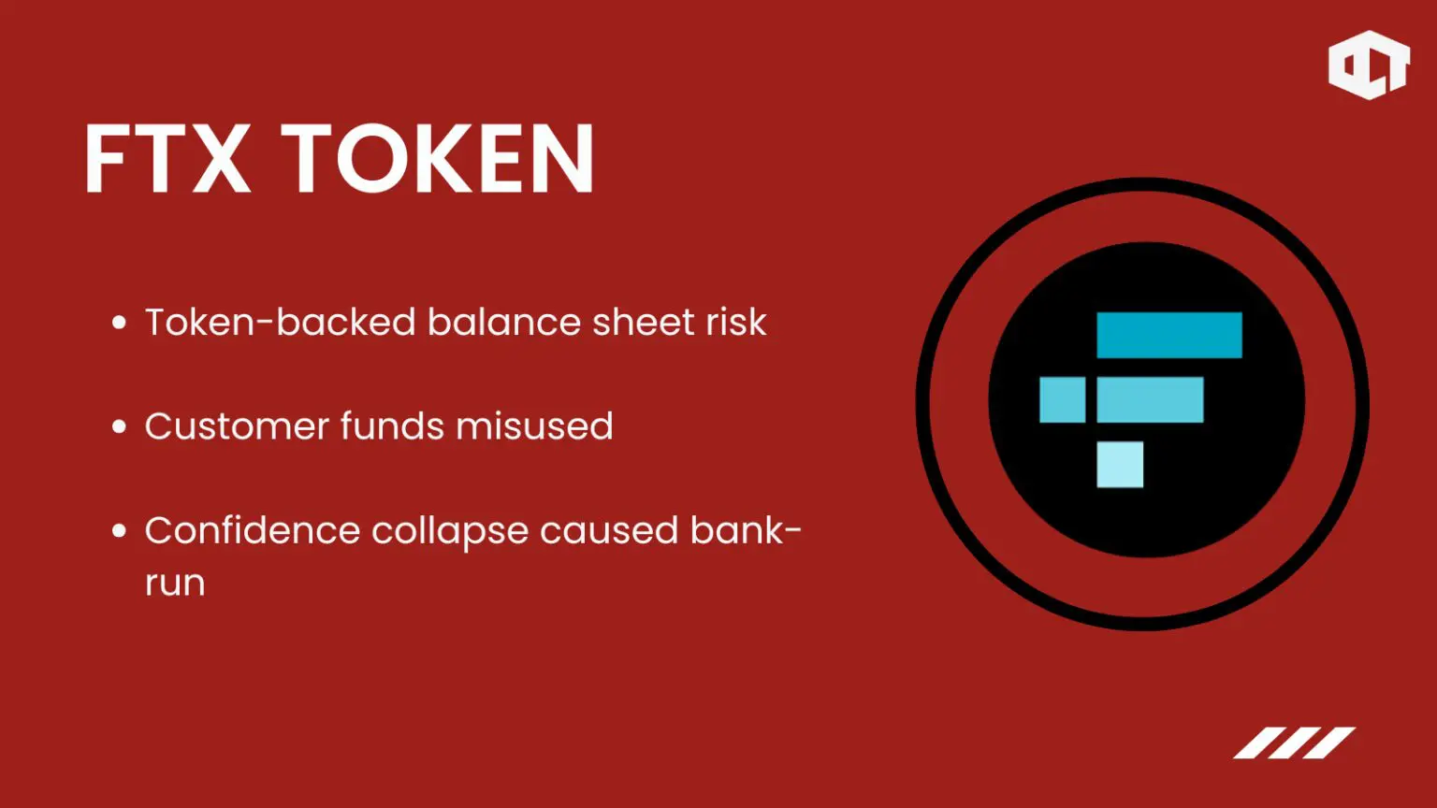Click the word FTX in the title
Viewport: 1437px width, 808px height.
click(x=167, y=158)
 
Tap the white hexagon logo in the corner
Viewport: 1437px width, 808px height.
click(x=1369, y=65)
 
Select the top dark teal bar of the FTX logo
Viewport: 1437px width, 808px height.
click(x=1168, y=335)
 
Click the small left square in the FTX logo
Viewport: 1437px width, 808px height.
click(x=1063, y=399)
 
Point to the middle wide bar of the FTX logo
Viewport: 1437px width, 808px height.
click(x=1150, y=399)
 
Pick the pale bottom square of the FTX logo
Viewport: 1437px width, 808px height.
click(x=1120, y=464)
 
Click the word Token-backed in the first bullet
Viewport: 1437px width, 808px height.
click(x=281, y=322)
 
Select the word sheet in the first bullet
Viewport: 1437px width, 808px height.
click(x=644, y=322)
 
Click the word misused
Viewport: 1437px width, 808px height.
click(x=534, y=426)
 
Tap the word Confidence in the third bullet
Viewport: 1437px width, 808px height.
click(x=252, y=530)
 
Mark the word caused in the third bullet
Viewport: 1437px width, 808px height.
click(x=609, y=531)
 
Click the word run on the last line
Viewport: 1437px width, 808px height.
click(x=175, y=584)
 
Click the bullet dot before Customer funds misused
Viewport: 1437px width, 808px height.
click(x=119, y=426)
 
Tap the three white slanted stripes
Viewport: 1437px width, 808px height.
click(x=1295, y=743)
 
